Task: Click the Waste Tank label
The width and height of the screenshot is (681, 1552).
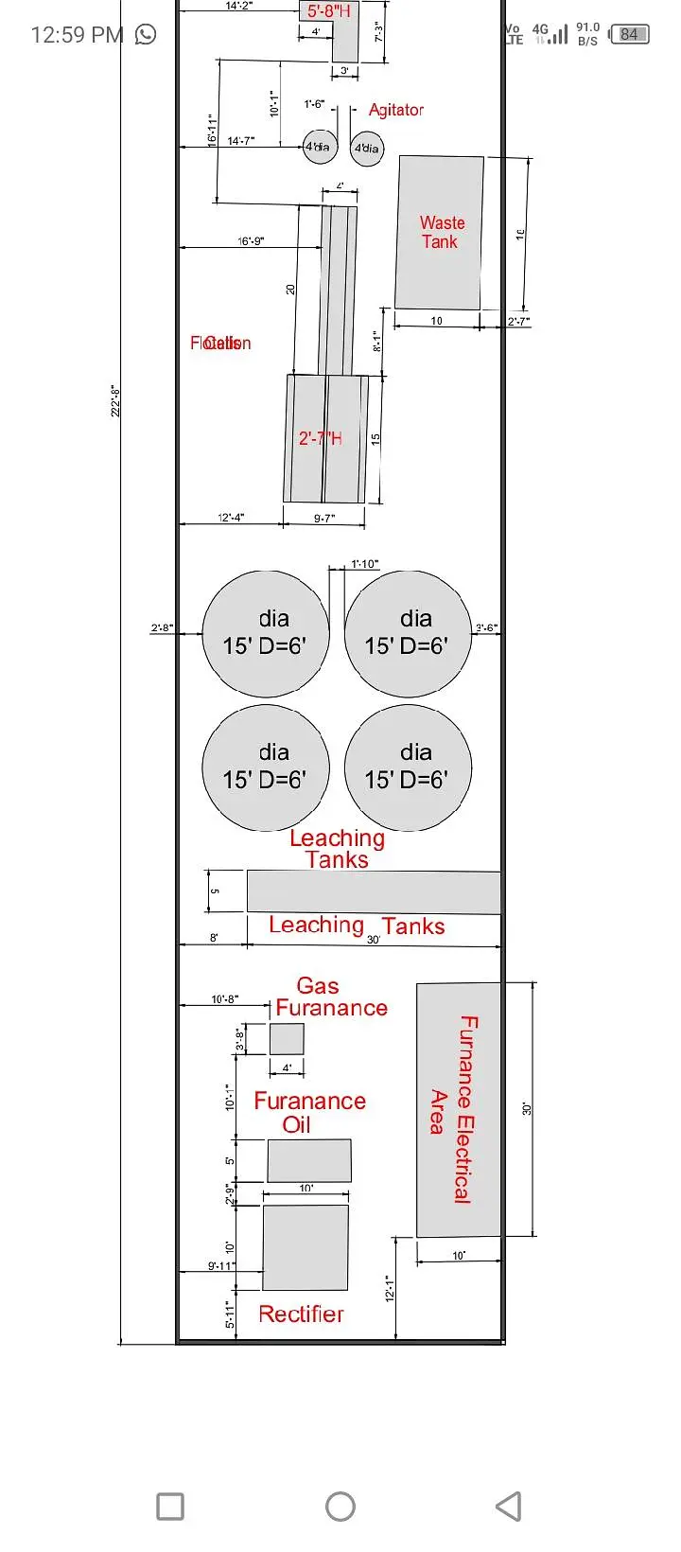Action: pyautogui.click(x=442, y=232)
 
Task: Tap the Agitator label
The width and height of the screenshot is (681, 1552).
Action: pyautogui.click(x=395, y=110)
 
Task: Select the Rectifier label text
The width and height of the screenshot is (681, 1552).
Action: pyautogui.click(x=301, y=1314)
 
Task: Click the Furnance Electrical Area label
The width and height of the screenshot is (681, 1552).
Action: pyautogui.click(x=453, y=1109)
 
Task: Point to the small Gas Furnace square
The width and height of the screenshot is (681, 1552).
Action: pyautogui.click(x=287, y=1038)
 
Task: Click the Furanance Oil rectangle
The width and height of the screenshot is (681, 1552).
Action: pyautogui.click(x=308, y=1160)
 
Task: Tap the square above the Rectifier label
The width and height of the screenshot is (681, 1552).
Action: pyautogui.click(x=305, y=1246)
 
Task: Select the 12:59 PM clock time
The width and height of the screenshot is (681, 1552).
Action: pyautogui.click(x=77, y=35)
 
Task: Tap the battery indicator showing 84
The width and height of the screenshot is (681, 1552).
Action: pyautogui.click(x=629, y=34)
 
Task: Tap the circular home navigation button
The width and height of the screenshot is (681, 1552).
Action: pyautogui.click(x=340, y=1506)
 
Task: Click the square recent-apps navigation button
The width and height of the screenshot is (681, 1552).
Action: pyautogui.click(x=170, y=1506)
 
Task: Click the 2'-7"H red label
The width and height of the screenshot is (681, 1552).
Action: pyautogui.click(x=321, y=438)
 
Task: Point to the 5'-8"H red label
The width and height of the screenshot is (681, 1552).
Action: pyautogui.click(x=328, y=11)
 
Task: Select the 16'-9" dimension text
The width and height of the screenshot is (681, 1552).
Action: pyautogui.click(x=251, y=241)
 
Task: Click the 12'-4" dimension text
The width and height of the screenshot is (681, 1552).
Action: pyautogui.click(x=231, y=518)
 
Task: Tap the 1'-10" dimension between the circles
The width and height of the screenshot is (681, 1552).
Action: pyautogui.click(x=364, y=564)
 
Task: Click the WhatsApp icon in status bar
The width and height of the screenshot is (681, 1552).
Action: pyautogui.click(x=146, y=35)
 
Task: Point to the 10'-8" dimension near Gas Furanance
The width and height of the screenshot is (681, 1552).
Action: pyautogui.click(x=224, y=999)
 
